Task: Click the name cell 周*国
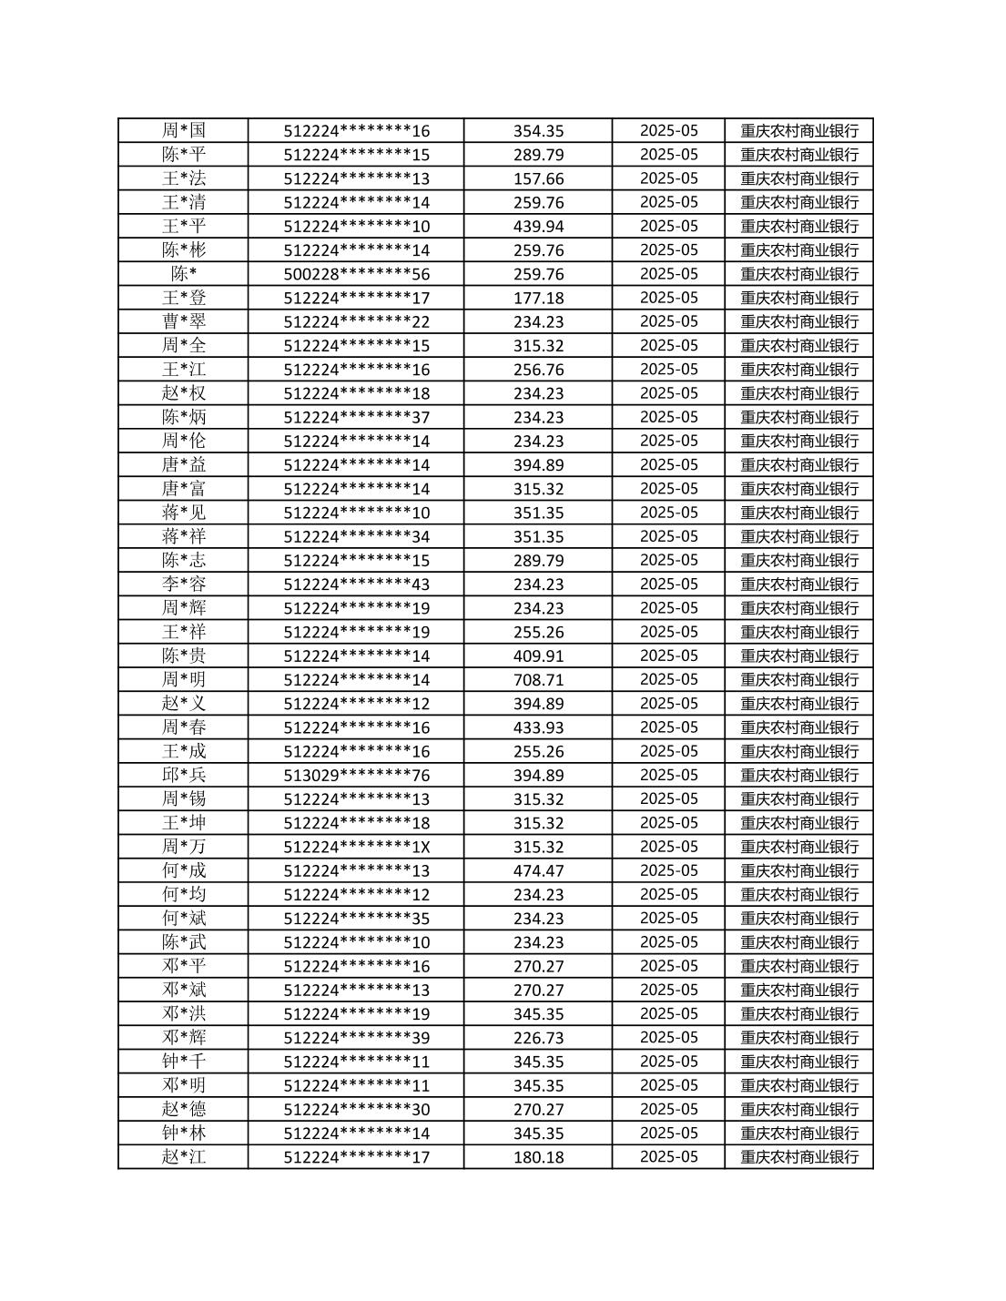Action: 184,130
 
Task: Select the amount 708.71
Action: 538,680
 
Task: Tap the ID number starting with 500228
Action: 356,274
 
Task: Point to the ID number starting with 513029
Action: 356,776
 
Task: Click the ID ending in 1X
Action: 356,847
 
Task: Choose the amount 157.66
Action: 538,178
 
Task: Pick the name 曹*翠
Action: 184,321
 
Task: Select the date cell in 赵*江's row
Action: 668,1157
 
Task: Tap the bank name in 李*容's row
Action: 799,584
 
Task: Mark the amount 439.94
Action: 538,226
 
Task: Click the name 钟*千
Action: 184,1062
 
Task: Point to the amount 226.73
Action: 538,1038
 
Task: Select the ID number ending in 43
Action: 356,584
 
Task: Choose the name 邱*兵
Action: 184,776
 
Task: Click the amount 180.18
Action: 538,1157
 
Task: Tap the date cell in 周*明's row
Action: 668,680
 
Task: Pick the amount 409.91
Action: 538,656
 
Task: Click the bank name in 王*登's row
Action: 799,298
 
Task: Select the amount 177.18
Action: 538,298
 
